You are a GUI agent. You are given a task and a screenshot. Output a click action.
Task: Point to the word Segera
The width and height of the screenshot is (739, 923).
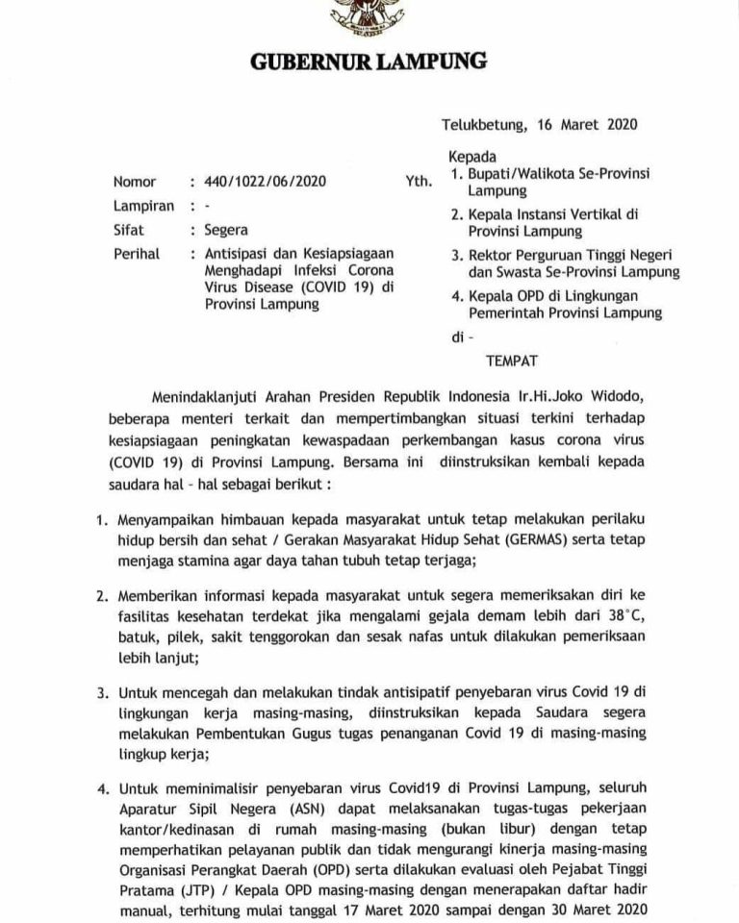pyautogui.click(x=226, y=230)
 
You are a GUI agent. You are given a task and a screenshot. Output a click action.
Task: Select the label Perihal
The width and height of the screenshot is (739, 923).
pyautogui.click(x=138, y=255)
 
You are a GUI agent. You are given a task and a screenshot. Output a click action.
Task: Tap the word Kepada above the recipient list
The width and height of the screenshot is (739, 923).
pyautogui.click(x=472, y=156)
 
